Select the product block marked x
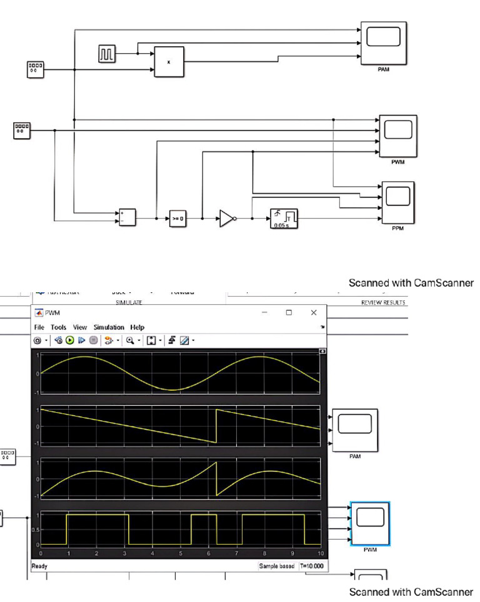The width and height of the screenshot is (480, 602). pyautogui.click(x=169, y=62)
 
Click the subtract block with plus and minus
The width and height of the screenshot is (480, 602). pyautogui.click(x=127, y=217)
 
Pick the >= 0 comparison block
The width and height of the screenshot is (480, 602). pyautogui.click(x=178, y=219)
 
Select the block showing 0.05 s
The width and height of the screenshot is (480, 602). pyautogui.click(x=284, y=218)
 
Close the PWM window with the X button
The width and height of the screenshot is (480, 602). pyautogui.click(x=314, y=312)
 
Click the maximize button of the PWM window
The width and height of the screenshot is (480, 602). pyautogui.click(x=289, y=312)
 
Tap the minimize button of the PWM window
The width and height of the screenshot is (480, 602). pyautogui.click(x=264, y=312)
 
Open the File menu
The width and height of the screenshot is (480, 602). pyautogui.click(x=39, y=327)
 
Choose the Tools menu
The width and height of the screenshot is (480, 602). pyautogui.click(x=59, y=327)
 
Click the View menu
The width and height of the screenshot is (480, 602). pyautogui.click(x=80, y=327)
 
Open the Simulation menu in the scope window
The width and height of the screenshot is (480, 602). pyautogui.click(x=109, y=327)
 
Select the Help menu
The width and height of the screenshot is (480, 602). pyautogui.click(x=137, y=327)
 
